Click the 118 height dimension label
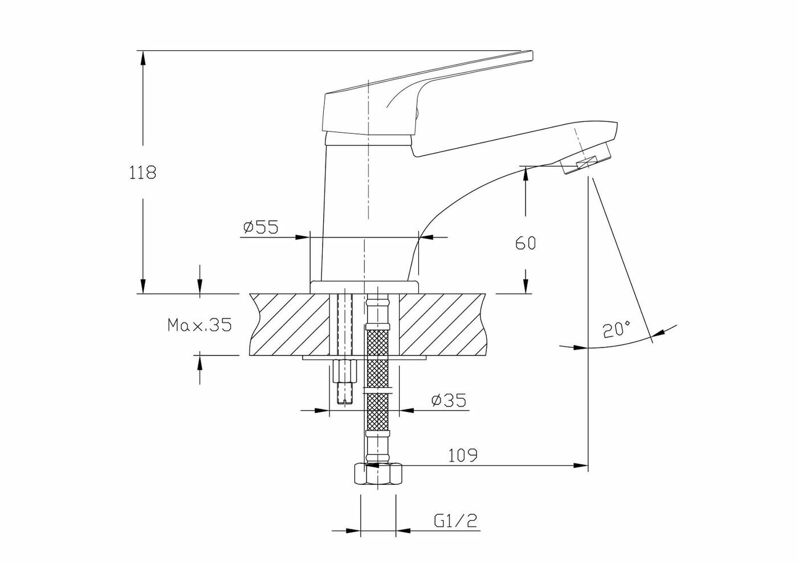(142, 173)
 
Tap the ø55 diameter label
(260, 227)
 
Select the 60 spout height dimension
(526, 243)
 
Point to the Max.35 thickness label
(199, 325)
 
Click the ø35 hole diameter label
(449, 400)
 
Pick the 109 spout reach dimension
(462, 455)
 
